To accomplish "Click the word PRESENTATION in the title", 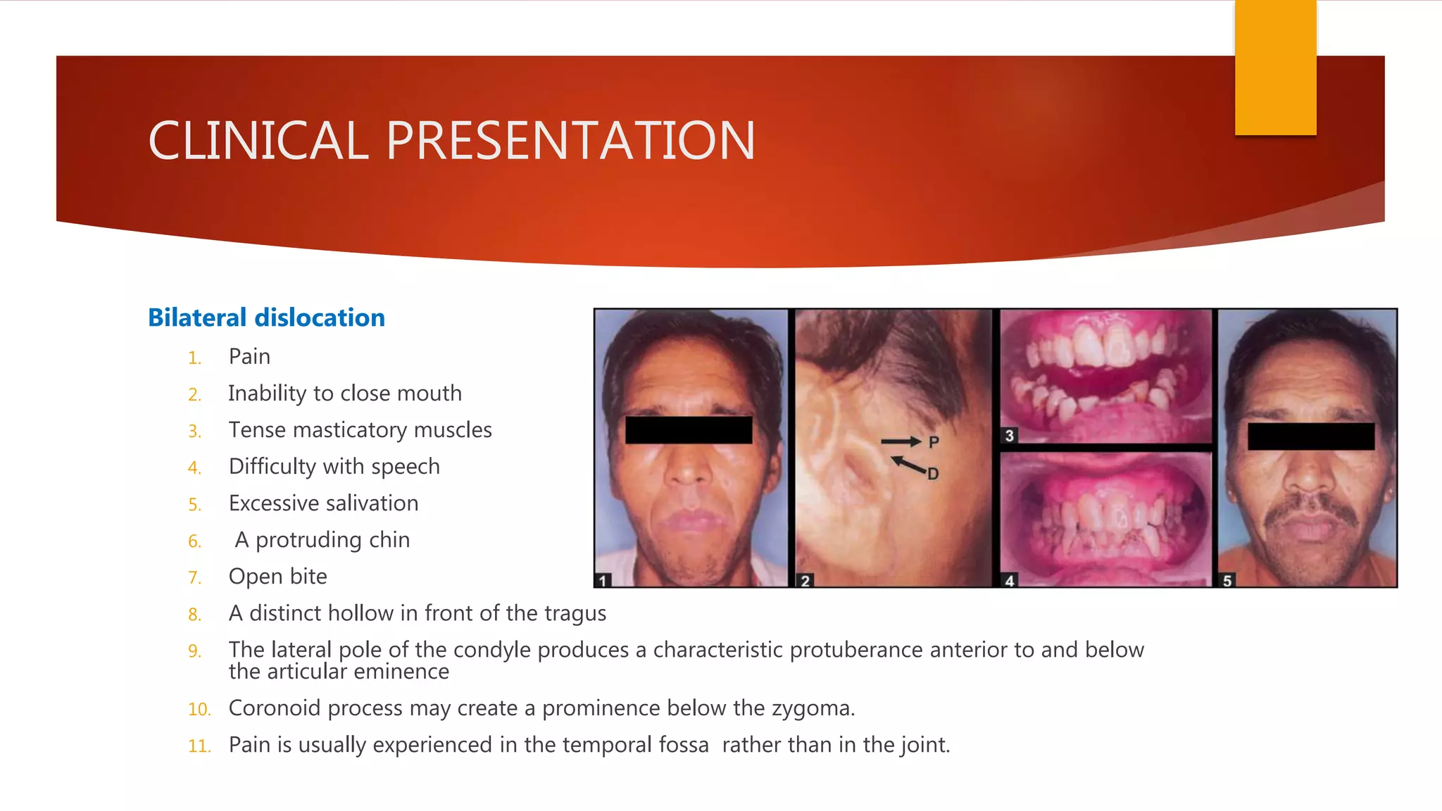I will coord(570,141).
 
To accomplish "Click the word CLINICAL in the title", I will coord(258,141).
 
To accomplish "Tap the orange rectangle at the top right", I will coord(1275,67).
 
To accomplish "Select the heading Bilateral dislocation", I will coord(266,318).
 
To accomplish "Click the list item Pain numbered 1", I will coord(249,357).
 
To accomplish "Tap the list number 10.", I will coord(199,709).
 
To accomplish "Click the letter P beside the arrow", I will coord(934,442).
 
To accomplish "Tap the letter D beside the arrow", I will coord(933,474).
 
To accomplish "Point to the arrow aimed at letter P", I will coord(901,442).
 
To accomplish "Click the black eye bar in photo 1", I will coord(689,430).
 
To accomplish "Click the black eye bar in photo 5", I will coord(1310,436).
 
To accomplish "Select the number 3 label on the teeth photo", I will coord(1009,436).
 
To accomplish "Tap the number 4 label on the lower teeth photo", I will coord(1009,580).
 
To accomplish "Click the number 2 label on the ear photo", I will coord(805,580).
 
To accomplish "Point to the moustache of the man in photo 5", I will coord(1310,512).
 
